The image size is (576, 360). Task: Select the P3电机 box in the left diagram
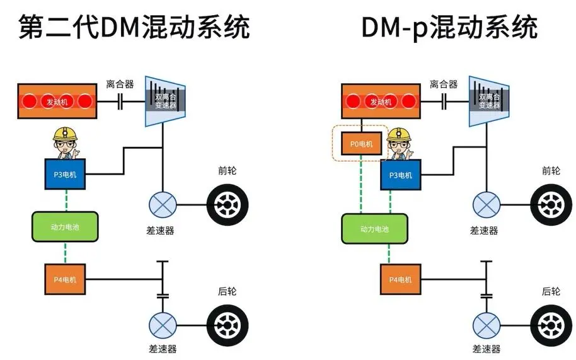(x=64, y=175)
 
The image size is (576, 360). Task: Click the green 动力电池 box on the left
(x=65, y=227)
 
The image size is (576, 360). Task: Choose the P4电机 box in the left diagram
(x=64, y=279)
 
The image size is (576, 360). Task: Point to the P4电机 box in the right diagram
(x=400, y=279)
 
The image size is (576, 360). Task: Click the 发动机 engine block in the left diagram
(x=57, y=101)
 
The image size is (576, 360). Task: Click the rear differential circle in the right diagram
(x=486, y=325)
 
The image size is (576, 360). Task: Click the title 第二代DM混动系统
(x=134, y=27)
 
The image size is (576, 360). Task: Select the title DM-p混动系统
(x=449, y=27)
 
